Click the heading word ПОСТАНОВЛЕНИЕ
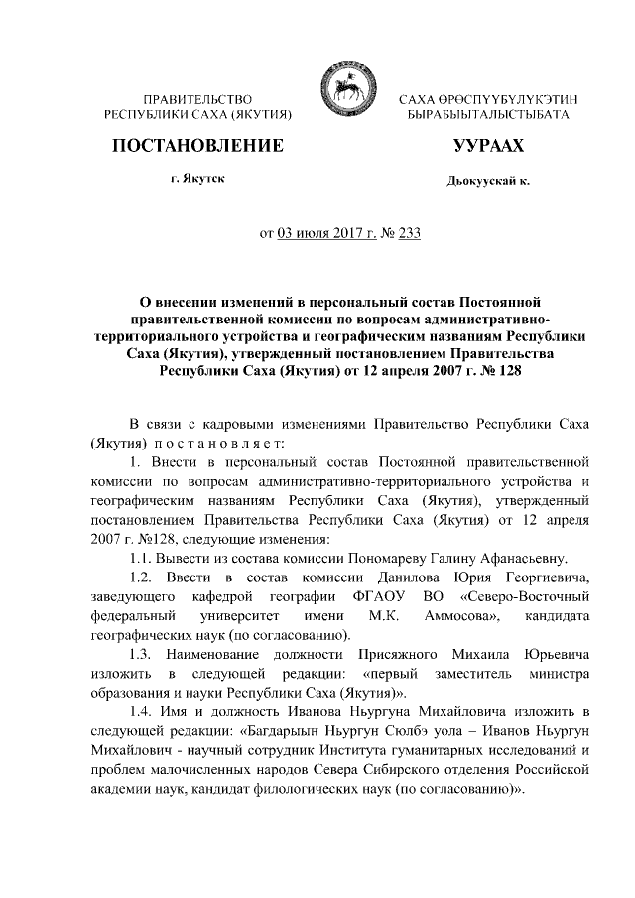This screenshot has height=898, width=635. pyautogui.click(x=196, y=147)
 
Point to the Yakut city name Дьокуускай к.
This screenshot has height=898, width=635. pyautogui.click(x=488, y=183)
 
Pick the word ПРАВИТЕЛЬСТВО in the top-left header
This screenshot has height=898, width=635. pyautogui.click(x=196, y=100)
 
